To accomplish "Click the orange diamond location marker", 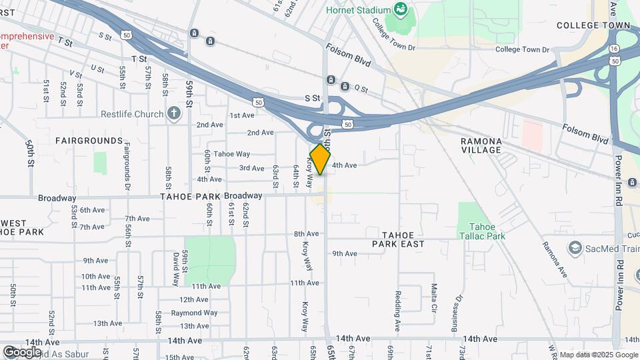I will [321, 159].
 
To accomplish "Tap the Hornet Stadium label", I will [358, 10].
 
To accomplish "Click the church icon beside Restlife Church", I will [174, 113].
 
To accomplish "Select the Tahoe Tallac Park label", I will [482, 231].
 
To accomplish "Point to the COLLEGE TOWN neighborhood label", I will [593, 25].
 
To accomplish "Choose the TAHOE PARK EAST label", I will [403, 239].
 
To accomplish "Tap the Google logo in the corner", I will [22, 351].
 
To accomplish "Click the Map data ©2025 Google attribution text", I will [597, 355].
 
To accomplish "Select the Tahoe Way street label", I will [232, 154].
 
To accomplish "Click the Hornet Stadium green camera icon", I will [400, 9].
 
